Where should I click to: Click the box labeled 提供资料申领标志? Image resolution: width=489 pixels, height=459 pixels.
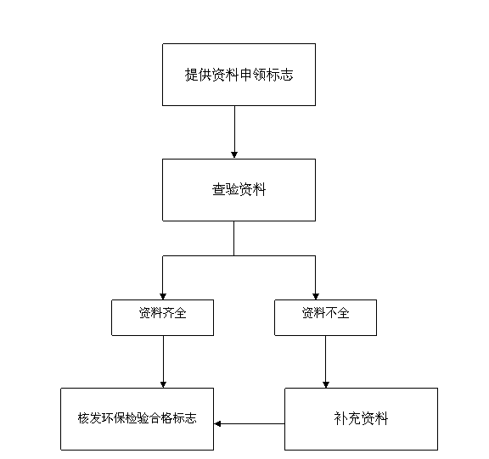tap(239, 75)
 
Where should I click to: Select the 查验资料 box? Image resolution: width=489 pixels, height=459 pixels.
tap(239, 190)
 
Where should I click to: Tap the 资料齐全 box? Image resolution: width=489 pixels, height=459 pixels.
tap(162, 317)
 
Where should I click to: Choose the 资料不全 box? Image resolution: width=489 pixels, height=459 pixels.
tap(326, 317)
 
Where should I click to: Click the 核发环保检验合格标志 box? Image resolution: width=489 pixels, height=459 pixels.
tap(138, 419)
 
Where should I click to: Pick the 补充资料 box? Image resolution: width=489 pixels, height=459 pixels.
tap(361, 419)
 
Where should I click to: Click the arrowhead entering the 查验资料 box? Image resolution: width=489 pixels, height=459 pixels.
tap(234, 155)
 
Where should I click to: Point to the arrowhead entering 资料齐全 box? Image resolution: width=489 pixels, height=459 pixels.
tap(163, 296)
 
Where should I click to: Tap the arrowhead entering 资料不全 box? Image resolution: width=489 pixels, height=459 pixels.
tap(316, 296)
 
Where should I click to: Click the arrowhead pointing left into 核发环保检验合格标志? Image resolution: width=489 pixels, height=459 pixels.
tap(217, 423)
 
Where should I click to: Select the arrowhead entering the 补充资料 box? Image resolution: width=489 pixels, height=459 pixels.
tap(326, 384)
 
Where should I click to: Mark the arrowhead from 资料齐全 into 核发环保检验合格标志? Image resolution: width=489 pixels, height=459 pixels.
tap(163, 384)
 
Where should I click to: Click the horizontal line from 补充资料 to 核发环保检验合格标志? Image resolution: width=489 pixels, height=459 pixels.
tap(250, 423)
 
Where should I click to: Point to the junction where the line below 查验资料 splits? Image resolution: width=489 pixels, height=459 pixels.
tap(234, 256)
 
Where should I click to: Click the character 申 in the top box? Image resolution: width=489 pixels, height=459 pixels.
tap(245, 75)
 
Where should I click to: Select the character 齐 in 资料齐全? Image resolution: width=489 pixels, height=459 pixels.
tap(169, 312)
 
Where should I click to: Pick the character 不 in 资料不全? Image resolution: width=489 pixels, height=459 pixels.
tap(331, 312)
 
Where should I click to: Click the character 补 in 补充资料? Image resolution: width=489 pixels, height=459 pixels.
tap(340, 418)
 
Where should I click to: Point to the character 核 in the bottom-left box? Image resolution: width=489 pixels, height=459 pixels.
tap(83, 418)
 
